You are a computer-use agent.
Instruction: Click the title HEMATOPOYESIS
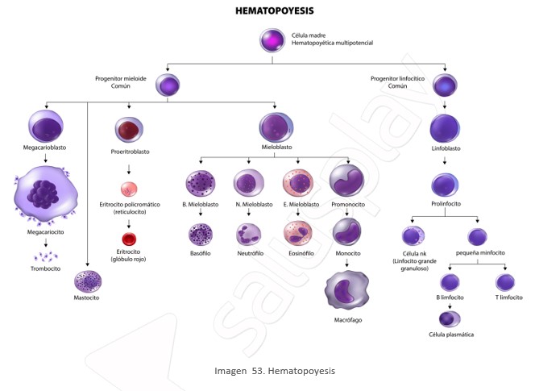pyautogui.click(x=274, y=11)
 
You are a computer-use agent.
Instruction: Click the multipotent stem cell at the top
pyautogui.click(x=272, y=40)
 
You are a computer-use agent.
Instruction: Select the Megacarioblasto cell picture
pyautogui.click(x=46, y=127)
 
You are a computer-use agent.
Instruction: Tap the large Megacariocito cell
pyautogui.click(x=45, y=194)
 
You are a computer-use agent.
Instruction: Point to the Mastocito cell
pyautogui.click(x=88, y=281)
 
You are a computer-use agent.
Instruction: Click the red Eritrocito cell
pyautogui.click(x=129, y=239)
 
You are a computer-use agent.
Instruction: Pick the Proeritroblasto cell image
pyautogui.click(x=129, y=130)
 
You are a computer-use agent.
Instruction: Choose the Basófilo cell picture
pyautogui.click(x=201, y=235)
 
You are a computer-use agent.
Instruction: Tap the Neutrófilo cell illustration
pyautogui.click(x=249, y=235)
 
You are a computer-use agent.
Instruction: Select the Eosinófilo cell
pyautogui.click(x=298, y=233)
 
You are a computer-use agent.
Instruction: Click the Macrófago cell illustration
pyautogui.click(x=347, y=290)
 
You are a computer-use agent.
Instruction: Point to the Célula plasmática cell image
pyautogui.click(x=450, y=319)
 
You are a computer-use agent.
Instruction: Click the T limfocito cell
pyautogui.click(x=505, y=283)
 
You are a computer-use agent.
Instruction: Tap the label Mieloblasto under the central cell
pyautogui.click(x=276, y=148)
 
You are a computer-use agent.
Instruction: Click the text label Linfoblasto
pyautogui.click(x=446, y=148)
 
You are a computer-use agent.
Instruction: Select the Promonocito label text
pyautogui.click(x=348, y=205)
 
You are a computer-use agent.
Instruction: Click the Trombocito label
pyautogui.click(x=45, y=268)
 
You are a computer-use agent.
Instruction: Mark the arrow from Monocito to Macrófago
pyautogui.click(x=347, y=263)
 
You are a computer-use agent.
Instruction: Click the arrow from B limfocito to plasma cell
pyautogui.click(x=450, y=306)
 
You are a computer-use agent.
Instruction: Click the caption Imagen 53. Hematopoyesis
pyautogui.click(x=275, y=371)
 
